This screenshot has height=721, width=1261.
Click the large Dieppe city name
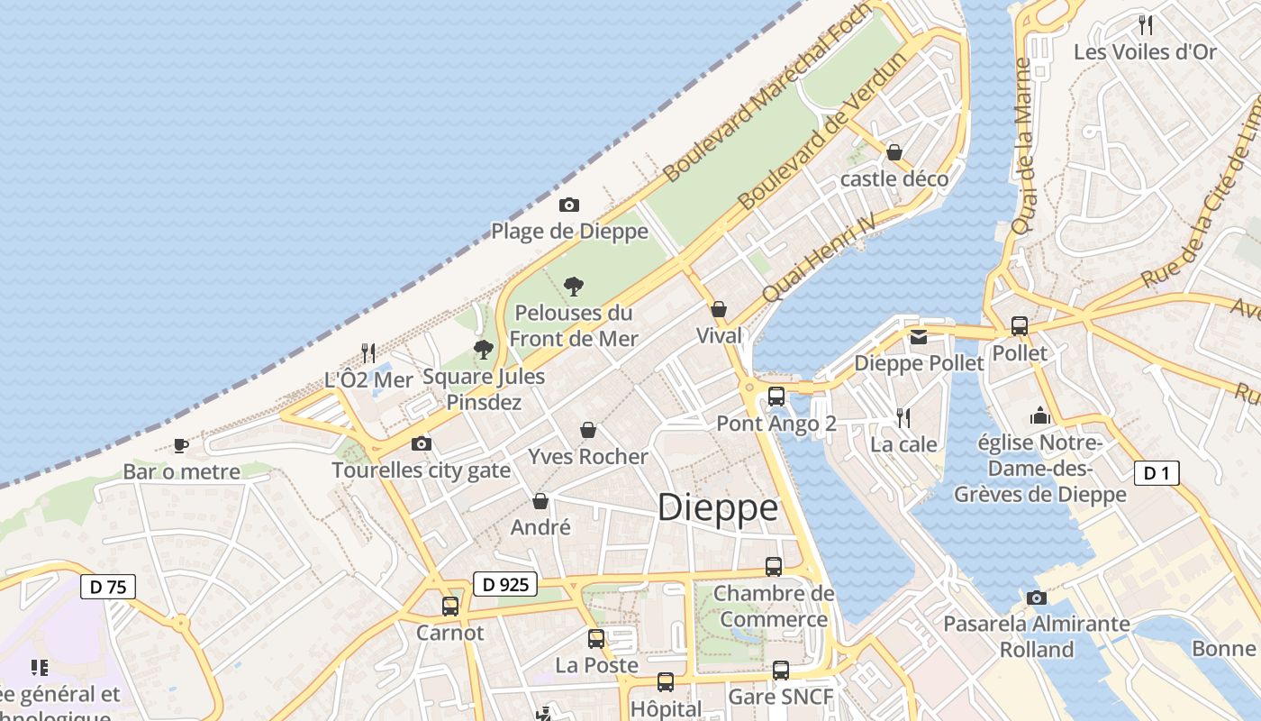click(717, 508)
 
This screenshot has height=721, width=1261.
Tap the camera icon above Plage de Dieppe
click(569, 205)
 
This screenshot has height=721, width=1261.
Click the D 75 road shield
click(108, 587)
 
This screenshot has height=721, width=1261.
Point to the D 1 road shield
click(1157, 473)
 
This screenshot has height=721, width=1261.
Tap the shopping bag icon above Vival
click(719, 310)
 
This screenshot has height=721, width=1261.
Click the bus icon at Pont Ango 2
click(776, 396)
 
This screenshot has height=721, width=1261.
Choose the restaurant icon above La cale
click(903, 418)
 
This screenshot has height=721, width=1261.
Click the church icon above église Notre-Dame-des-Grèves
click(1040, 416)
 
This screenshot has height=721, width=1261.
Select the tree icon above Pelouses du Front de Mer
click(573, 287)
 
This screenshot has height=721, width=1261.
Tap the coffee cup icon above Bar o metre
click(181, 445)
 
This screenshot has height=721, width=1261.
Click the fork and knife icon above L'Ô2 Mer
click(368, 352)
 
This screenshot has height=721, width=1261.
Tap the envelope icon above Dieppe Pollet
click(918, 337)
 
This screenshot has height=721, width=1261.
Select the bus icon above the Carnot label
click(450, 607)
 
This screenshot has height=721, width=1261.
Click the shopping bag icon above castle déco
click(894, 152)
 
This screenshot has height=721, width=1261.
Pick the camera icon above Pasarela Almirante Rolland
click(1037, 598)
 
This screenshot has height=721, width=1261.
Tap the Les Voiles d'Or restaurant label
click(1145, 51)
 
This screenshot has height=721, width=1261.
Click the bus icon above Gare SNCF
click(781, 671)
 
